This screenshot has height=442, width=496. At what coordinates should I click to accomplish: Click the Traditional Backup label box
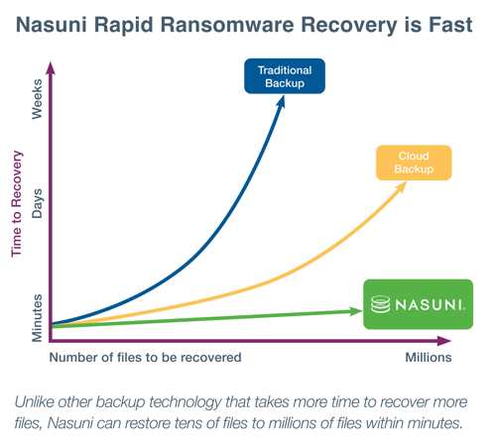(285, 76)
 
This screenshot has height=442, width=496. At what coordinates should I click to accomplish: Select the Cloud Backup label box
(414, 163)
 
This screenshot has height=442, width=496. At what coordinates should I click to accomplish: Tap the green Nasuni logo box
(419, 304)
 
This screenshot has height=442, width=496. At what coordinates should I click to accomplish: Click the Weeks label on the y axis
(37, 99)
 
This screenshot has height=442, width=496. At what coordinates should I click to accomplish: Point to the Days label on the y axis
(37, 203)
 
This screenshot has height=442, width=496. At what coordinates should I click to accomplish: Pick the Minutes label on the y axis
(37, 318)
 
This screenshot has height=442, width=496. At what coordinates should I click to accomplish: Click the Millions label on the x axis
(429, 357)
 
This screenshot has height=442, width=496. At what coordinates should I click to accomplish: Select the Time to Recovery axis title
(17, 204)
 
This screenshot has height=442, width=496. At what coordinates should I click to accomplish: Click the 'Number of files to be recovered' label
(145, 357)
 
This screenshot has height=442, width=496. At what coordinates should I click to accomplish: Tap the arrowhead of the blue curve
(281, 101)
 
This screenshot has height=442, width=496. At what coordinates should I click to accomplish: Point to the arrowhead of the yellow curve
(401, 186)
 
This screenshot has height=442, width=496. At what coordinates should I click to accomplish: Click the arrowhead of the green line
(356, 311)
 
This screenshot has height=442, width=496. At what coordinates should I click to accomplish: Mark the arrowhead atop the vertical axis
(51, 68)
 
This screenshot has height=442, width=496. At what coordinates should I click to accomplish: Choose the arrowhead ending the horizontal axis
(444, 341)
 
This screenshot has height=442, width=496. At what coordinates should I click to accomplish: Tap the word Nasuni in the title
(52, 25)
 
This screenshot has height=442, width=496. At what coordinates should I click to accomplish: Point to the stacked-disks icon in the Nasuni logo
(380, 304)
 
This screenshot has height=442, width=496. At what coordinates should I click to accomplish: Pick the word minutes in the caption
(434, 423)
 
